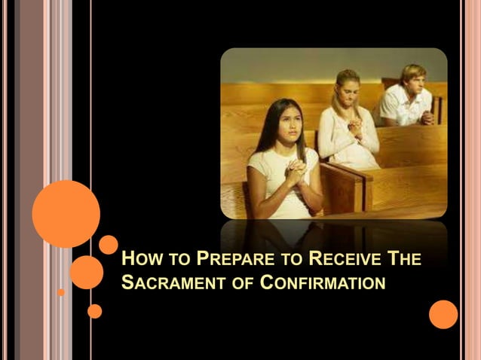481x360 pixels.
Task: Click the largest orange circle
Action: coord(66,213)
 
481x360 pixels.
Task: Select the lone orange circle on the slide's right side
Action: coord(443,314)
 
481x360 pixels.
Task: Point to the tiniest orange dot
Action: coord(61,291)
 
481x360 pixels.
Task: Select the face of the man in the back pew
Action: coord(412,82)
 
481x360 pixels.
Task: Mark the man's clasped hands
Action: coord(427,117)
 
